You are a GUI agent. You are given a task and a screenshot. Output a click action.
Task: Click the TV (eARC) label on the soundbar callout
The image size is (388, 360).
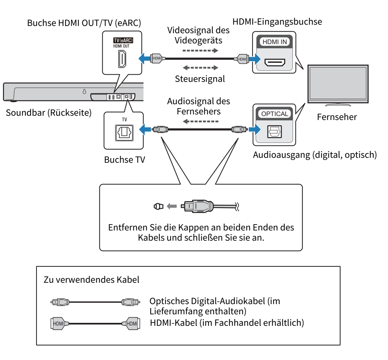(123, 40)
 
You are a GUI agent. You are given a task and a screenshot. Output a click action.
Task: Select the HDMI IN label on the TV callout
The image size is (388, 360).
(274, 42)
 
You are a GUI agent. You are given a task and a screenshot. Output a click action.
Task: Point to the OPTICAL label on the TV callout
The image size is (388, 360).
(274, 114)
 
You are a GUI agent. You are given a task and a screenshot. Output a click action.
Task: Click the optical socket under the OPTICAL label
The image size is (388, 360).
(274, 132)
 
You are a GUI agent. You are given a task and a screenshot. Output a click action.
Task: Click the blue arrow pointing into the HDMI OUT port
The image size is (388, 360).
(144, 59)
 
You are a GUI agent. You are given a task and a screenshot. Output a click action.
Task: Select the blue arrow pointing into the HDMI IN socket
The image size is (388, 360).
(254, 60)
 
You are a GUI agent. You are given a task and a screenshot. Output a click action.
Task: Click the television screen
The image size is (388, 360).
(338, 83)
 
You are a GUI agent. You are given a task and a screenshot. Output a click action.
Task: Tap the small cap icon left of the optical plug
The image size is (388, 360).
(158, 206)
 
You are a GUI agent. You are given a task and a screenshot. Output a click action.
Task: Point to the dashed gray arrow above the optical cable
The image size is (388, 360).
(200, 121)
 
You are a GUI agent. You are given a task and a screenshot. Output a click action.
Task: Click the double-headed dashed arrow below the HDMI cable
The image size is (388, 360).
(200, 68)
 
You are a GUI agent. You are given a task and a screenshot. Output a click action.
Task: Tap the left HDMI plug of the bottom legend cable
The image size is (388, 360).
(59, 324)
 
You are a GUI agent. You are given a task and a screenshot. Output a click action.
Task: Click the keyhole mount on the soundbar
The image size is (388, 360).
(84, 92)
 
